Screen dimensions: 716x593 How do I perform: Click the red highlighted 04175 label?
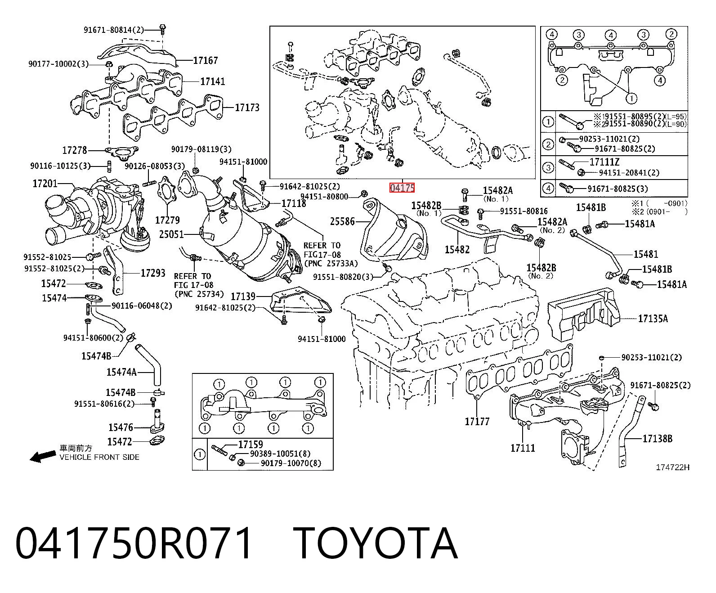[x=402, y=188]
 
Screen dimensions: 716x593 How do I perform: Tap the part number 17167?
[x=206, y=60]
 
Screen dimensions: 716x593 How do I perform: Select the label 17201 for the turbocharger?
[x=45, y=184]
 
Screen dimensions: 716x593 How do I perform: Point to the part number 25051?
[x=171, y=234]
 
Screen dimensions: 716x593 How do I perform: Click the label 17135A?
[x=653, y=319]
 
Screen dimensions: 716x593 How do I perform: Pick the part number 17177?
[x=477, y=421]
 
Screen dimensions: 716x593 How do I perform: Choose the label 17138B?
[x=658, y=439]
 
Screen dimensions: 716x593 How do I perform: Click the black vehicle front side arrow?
[x=43, y=456]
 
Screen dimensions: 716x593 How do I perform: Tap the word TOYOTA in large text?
[x=376, y=544]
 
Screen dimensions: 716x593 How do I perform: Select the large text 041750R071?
[x=134, y=544]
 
